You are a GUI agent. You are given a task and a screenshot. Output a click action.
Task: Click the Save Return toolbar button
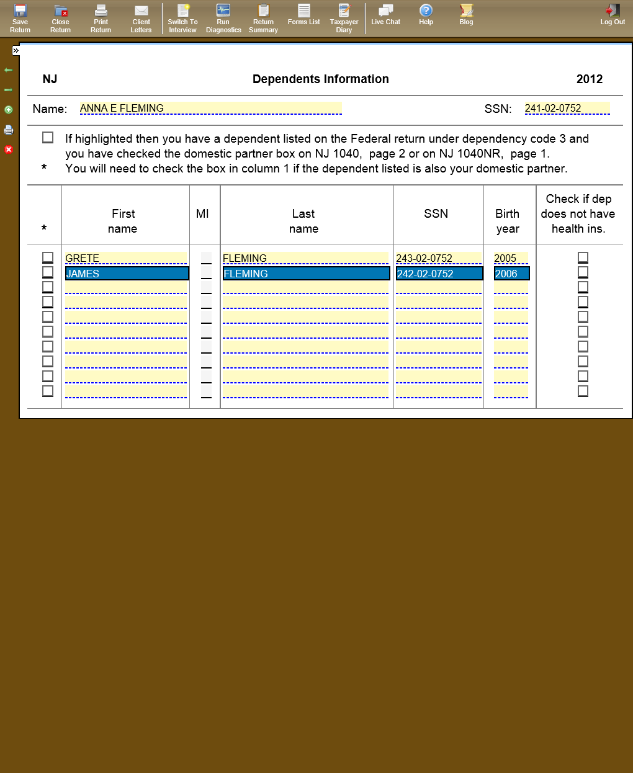coord(20,18)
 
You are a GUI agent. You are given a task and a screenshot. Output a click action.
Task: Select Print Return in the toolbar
coord(101,18)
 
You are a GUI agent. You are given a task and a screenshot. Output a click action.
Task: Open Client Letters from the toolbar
coord(141,18)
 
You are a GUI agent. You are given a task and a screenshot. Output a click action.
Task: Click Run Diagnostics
coord(223,18)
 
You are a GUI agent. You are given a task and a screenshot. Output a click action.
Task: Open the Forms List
coord(303,15)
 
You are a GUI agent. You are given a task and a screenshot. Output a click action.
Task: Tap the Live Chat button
coord(385,15)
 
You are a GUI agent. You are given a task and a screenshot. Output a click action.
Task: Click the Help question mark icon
coord(426,15)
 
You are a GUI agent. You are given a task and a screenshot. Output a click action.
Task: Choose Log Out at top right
coord(613,15)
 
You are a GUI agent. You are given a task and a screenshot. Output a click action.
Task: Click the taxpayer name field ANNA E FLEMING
coord(210,109)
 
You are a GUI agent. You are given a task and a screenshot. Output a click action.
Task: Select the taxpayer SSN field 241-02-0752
coord(567,109)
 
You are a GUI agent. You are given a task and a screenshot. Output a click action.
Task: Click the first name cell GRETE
coord(126,258)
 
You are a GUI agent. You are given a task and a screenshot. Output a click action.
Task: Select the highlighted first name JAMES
coord(127,274)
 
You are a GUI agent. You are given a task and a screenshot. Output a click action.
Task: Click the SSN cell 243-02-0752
coord(438,258)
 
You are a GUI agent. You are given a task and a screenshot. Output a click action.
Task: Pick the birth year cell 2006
coord(511,274)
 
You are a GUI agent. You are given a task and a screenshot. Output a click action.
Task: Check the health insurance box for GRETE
coord(583,257)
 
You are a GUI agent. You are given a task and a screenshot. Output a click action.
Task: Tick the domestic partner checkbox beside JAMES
coord(48,272)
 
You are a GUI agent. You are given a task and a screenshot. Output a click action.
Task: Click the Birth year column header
coord(508,221)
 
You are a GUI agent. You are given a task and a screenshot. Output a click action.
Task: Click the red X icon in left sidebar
coord(9,150)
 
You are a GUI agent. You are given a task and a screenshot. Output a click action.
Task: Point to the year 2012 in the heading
coord(589,79)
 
